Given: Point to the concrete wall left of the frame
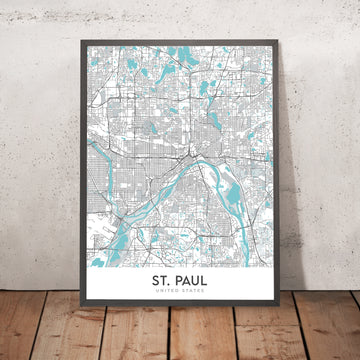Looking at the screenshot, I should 40,150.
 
